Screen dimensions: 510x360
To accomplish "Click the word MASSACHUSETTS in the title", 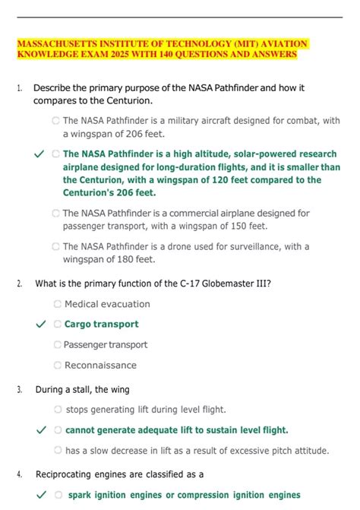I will [55, 44].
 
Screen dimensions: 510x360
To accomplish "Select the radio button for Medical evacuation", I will [58, 304].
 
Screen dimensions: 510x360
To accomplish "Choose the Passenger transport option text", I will [106, 344].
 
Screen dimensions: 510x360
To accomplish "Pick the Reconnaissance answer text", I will [100, 365].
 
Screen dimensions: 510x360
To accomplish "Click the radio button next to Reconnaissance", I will [58, 365].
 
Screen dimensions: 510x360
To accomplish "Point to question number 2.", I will [19, 284].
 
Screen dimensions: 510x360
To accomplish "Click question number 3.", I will [19, 390].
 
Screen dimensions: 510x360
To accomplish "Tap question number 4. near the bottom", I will [19, 474].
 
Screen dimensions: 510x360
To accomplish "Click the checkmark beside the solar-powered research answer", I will [40, 154].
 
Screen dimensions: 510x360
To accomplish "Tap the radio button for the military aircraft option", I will [55, 120].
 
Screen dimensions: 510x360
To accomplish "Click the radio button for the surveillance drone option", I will [55, 246].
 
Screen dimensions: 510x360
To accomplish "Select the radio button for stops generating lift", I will [58, 410].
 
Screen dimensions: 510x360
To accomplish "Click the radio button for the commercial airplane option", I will [55, 214].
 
